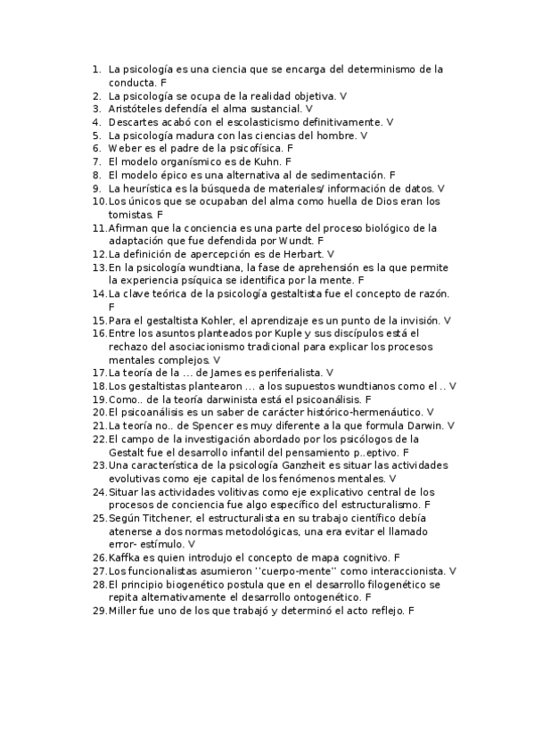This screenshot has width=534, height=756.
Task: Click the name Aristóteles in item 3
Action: point(136,109)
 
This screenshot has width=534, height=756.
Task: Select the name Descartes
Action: point(135,122)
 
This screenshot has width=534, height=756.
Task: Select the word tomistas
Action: point(130,216)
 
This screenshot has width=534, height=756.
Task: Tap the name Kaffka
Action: point(126,557)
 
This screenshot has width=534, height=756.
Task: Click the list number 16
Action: point(98,333)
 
